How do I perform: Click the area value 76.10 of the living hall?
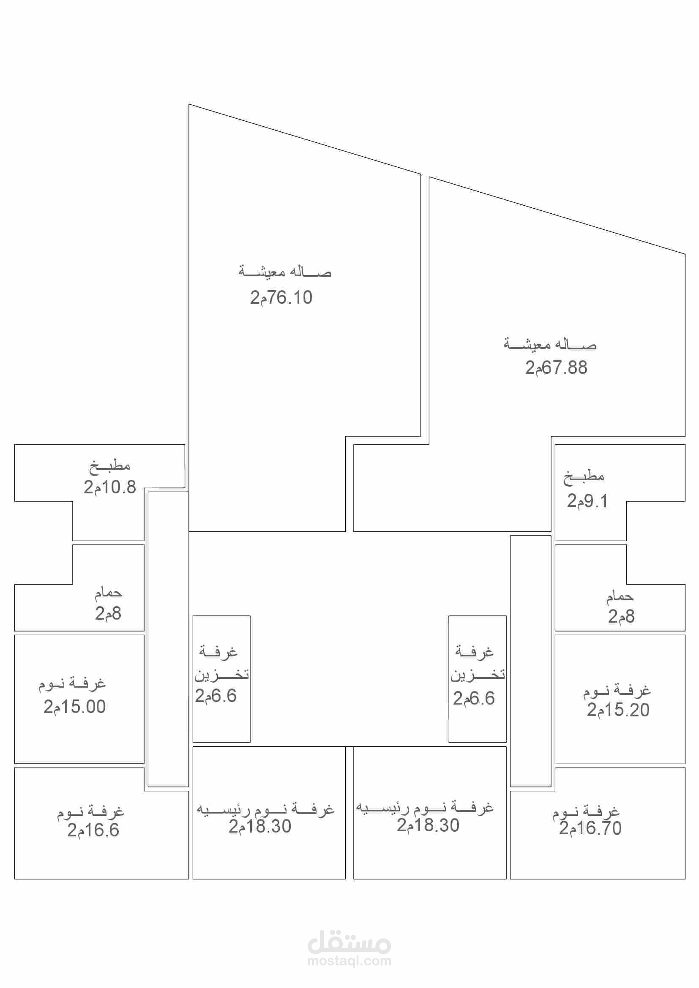click(x=281, y=297)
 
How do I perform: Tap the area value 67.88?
click(x=556, y=367)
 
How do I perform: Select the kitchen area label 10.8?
click(x=110, y=487)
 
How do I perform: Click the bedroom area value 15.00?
click(x=74, y=707)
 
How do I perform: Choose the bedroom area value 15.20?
click(x=618, y=710)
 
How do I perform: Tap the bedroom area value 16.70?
click(x=590, y=828)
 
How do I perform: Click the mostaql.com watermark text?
click(x=349, y=961)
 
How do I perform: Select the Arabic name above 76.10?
click(x=285, y=272)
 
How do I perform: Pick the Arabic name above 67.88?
click(x=550, y=344)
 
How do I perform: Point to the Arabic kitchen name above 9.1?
click(x=584, y=477)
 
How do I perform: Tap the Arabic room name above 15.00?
click(x=72, y=684)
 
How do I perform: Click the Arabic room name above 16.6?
click(x=90, y=811)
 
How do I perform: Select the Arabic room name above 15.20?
click(x=617, y=691)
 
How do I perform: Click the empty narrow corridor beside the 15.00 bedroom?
click(x=168, y=639)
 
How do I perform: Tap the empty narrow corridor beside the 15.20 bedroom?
click(x=530, y=661)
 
